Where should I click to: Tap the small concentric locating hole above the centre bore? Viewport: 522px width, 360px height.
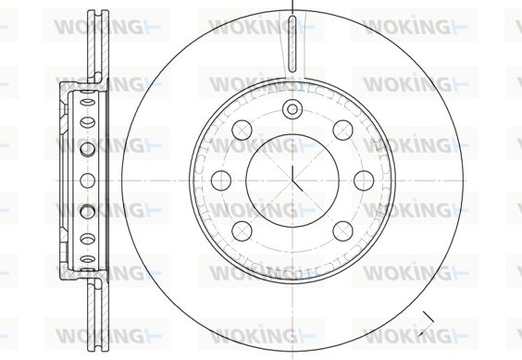click(292, 109)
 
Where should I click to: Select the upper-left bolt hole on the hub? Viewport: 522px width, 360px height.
click(242, 130)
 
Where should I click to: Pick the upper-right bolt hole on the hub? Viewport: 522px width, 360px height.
click(342, 130)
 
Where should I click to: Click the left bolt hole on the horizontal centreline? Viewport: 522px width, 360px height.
click(221, 180)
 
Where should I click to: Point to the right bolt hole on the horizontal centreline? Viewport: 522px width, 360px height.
click(364, 180)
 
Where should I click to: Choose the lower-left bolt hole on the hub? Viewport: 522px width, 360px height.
click(242, 231)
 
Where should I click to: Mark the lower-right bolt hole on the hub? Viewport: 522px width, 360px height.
click(342, 231)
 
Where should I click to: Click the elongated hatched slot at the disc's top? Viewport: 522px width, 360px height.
click(292, 43)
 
